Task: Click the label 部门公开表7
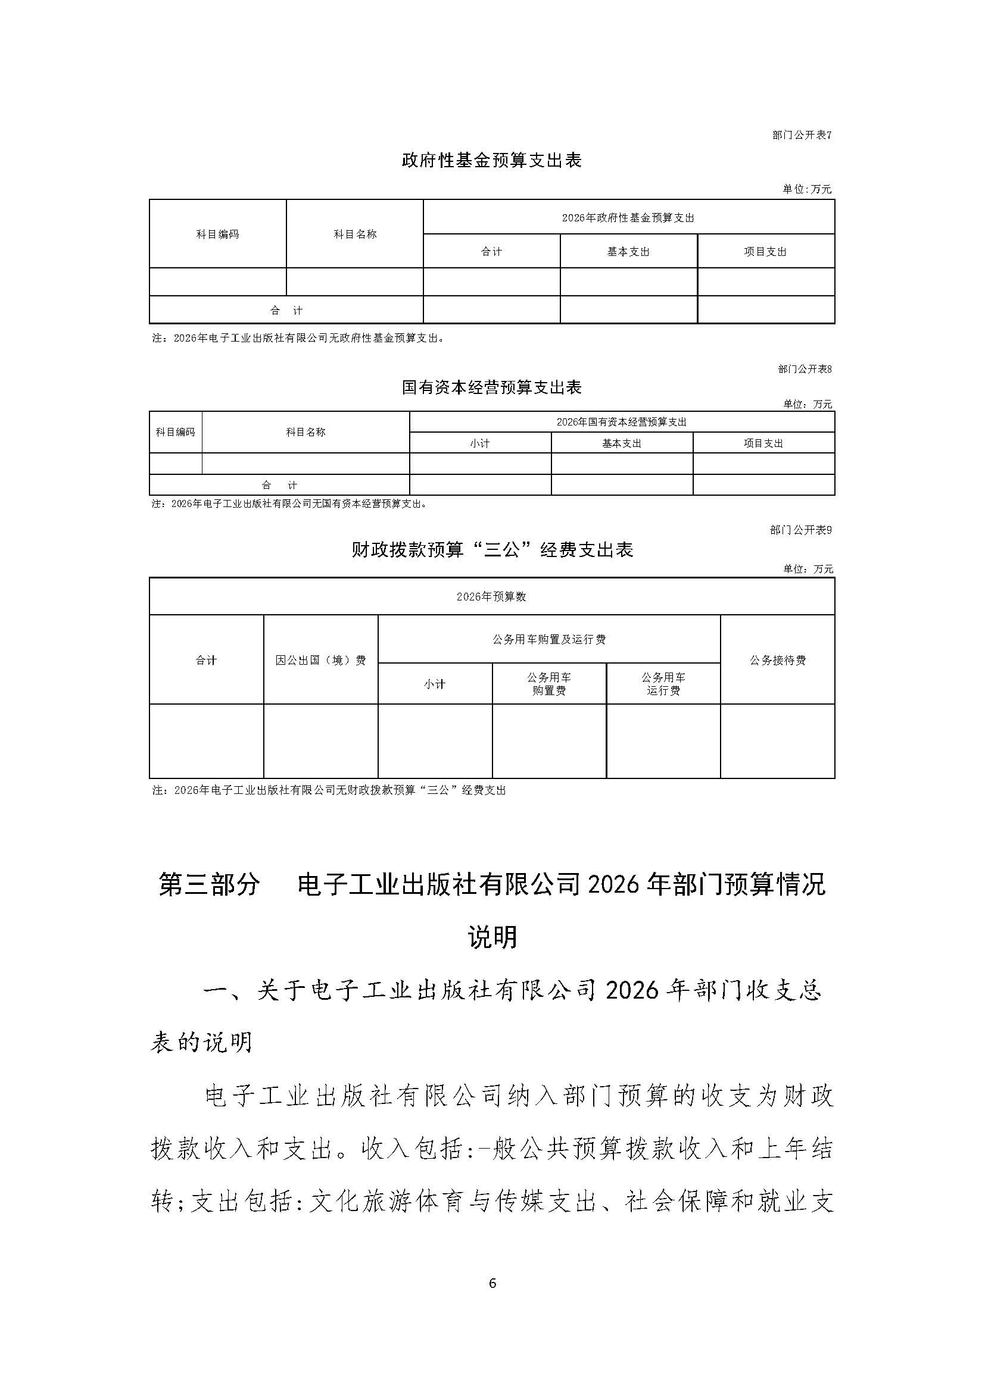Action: tap(801, 135)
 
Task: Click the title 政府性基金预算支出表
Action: tap(492, 160)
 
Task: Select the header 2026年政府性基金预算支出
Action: tap(628, 218)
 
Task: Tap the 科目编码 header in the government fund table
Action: tap(217, 234)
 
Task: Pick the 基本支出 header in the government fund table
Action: tap(628, 252)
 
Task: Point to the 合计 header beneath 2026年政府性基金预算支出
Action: tap(491, 252)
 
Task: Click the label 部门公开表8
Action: tap(804, 368)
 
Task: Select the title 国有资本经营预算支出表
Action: tap(492, 387)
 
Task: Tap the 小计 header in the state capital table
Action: tap(480, 443)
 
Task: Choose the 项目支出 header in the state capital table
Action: tap(763, 443)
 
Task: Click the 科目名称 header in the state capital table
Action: tap(306, 432)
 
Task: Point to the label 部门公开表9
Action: tap(800, 530)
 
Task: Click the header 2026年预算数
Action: tap(491, 596)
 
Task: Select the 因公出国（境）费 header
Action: tap(320, 660)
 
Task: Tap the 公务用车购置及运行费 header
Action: tap(549, 640)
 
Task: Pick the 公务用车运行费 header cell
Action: tap(663, 684)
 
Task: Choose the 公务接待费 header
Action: tap(778, 660)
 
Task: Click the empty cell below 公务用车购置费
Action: tap(549, 741)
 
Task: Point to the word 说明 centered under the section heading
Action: tap(492, 937)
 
